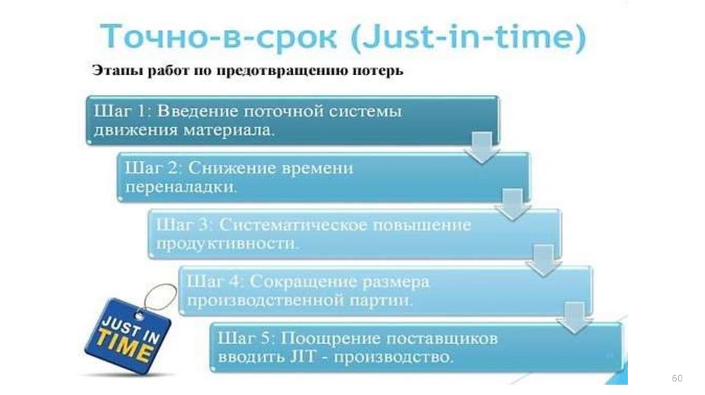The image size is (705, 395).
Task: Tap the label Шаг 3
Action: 177,225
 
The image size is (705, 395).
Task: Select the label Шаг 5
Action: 240,339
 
